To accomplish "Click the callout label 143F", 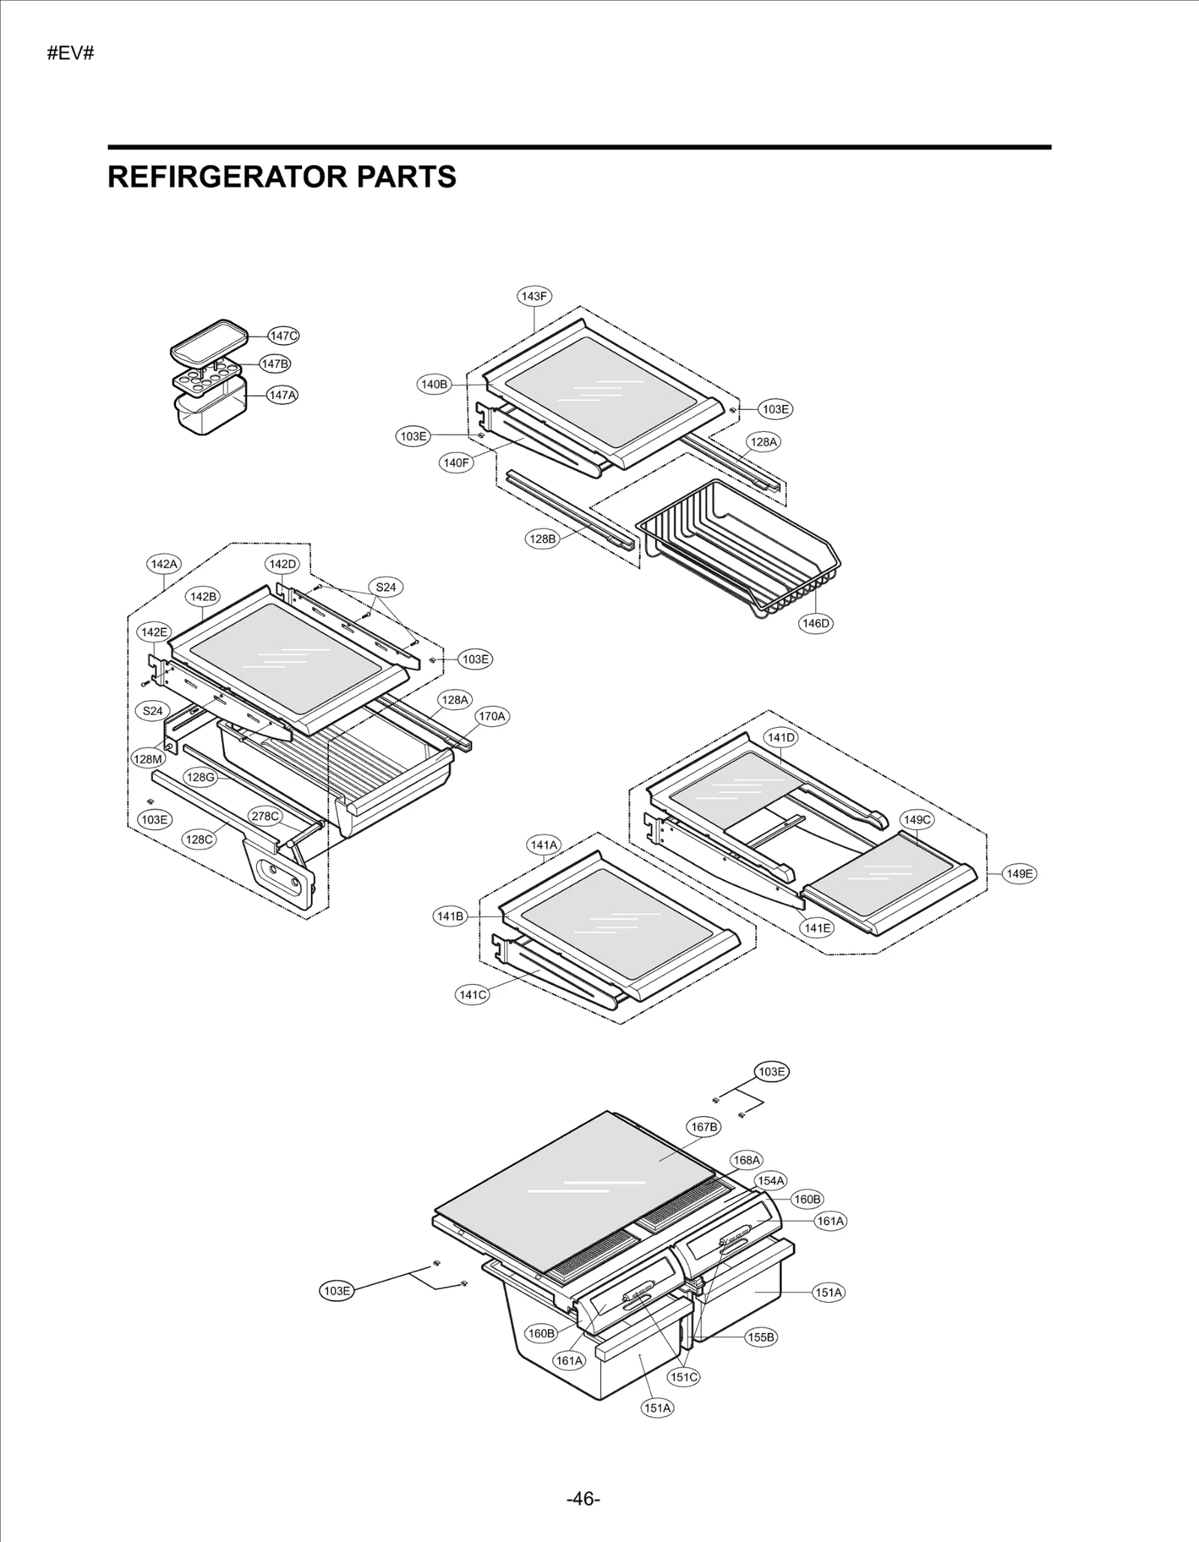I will (x=534, y=296).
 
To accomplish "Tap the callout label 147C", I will (x=283, y=336).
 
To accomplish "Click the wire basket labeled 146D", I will (x=738, y=547).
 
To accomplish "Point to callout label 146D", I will (x=815, y=623).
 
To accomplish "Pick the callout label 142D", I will (x=283, y=564).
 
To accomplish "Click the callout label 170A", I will (x=492, y=716).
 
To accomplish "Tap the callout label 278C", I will (x=265, y=816).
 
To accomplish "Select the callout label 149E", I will (x=1019, y=873).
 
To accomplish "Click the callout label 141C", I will (x=472, y=995).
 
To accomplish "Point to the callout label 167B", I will (x=703, y=1127).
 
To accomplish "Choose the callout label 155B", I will (x=761, y=1337).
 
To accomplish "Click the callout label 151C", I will (x=683, y=1377).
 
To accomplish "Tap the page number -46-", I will (x=584, y=1499).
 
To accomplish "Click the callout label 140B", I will (x=434, y=385).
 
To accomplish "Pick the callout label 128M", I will (x=148, y=759).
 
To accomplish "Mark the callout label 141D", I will (x=781, y=738).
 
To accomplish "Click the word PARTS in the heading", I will (x=405, y=177).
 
